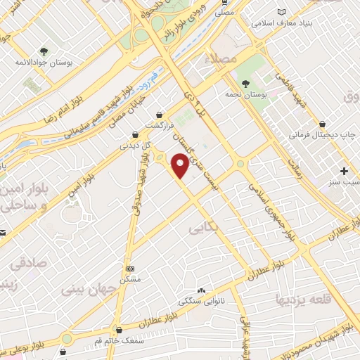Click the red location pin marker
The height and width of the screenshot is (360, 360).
pyautogui.click(x=181, y=167)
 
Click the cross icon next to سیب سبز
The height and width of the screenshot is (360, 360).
pyautogui.click(x=344, y=171)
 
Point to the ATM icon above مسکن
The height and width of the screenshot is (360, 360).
pyautogui.click(x=130, y=269)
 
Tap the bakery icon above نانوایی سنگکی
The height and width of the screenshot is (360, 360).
pyautogui.click(x=202, y=290)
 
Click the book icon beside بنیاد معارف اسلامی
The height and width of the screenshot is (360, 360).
pyautogui.click(x=283, y=13)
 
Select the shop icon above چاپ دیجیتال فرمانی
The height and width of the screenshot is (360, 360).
pyautogui.click(x=322, y=122)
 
